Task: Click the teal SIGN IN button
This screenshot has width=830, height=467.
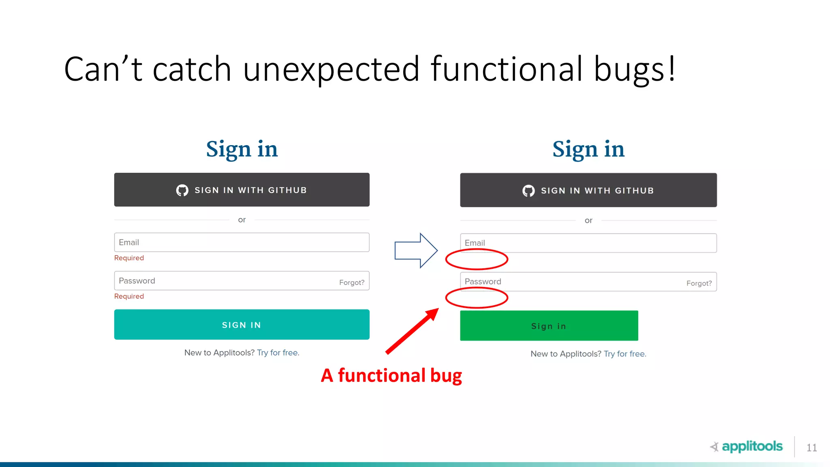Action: coord(242,325)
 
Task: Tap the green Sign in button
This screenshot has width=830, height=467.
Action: coord(549,326)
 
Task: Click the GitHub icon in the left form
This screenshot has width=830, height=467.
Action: coord(182,190)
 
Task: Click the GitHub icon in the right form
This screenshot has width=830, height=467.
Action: coord(528,191)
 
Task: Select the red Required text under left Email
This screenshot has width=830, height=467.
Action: coord(129,258)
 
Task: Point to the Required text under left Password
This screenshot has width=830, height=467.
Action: coord(129,296)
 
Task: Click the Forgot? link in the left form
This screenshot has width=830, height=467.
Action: coord(351,283)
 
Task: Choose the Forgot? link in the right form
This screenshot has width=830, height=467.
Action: coord(699,283)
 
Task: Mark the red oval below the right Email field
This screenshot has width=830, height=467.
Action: coord(477,259)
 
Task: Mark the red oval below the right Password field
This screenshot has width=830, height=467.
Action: coord(477,298)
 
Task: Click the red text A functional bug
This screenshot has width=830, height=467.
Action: coord(391,375)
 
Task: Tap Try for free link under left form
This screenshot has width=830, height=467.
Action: coord(278,353)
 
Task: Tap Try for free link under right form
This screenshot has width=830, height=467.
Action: coord(625,354)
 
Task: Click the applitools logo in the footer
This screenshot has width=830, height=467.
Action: coord(747,446)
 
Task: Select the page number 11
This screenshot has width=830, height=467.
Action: coord(811,448)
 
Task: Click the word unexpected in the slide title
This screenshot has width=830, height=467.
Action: coord(331,69)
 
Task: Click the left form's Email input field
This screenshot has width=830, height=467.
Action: coord(242,242)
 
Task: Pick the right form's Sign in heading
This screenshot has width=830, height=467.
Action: coord(588,149)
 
